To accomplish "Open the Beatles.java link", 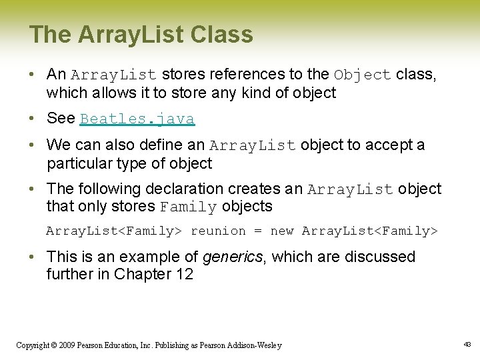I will [x=137, y=119].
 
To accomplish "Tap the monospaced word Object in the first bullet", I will [x=363, y=75].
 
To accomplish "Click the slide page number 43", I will [x=466, y=344].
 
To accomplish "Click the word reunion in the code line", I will [x=218, y=231].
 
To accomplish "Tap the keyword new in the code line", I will [x=282, y=231].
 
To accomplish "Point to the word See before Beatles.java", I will [x=61, y=119].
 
